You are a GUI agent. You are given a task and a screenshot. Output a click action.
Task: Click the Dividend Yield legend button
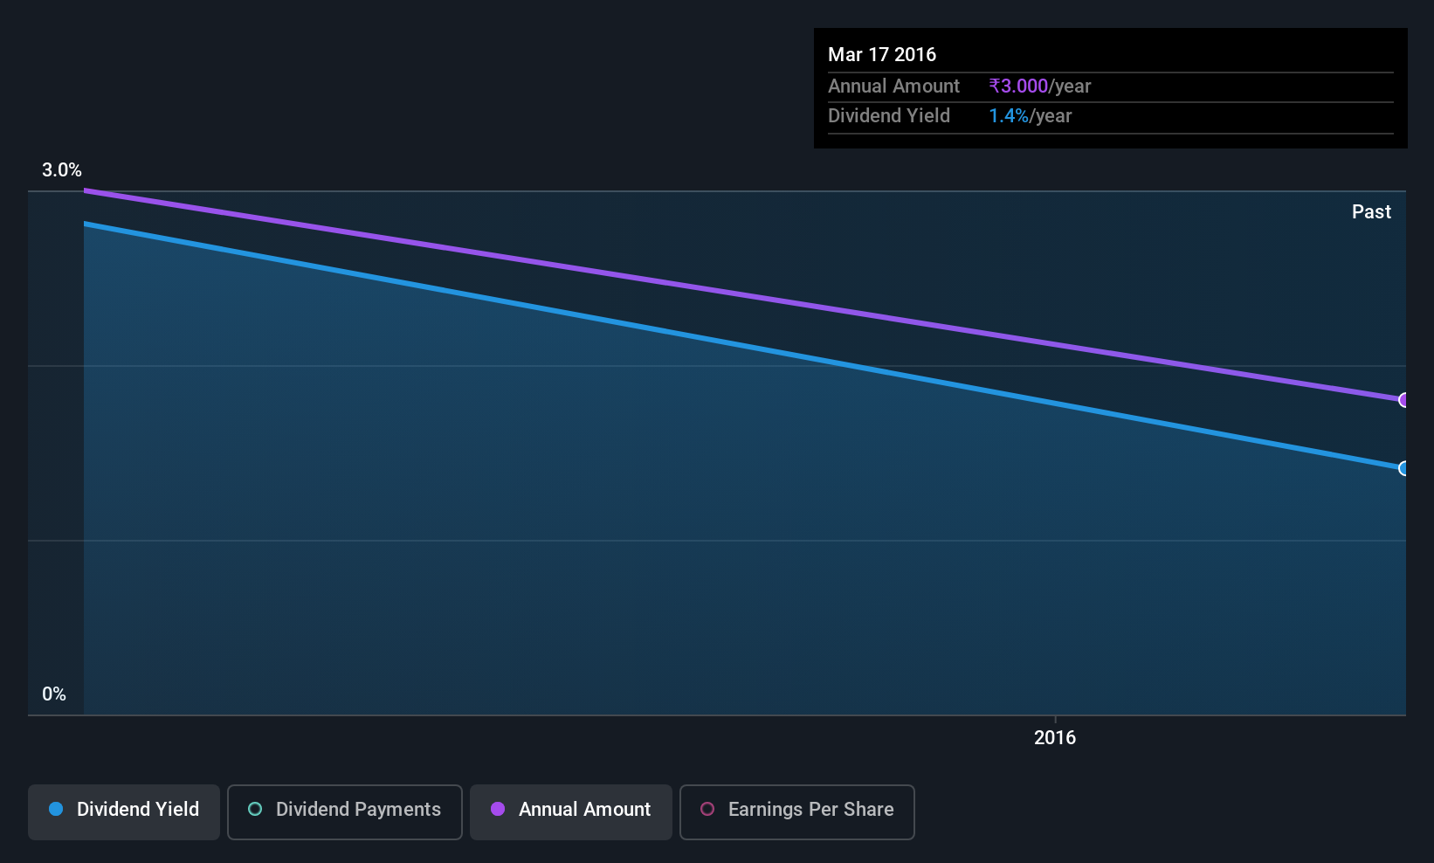(x=123, y=811)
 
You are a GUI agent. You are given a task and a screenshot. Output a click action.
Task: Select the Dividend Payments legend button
(x=344, y=811)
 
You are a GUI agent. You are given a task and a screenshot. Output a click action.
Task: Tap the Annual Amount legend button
(x=570, y=811)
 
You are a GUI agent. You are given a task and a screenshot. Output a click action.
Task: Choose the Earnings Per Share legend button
(x=797, y=811)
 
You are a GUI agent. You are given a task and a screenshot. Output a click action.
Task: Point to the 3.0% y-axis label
(x=62, y=170)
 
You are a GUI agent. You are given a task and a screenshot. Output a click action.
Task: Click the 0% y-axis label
(x=54, y=694)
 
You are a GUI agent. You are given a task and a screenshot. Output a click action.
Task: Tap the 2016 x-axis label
(x=1055, y=737)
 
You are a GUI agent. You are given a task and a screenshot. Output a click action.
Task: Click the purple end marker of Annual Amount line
(x=1402, y=400)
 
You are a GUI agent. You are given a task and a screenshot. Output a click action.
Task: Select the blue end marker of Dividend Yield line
(x=1402, y=469)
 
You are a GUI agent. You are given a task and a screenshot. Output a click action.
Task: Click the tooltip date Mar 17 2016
(x=881, y=54)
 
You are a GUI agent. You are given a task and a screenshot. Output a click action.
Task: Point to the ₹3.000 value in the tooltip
(x=1018, y=86)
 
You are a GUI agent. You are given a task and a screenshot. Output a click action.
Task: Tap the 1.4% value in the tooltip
(x=1009, y=116)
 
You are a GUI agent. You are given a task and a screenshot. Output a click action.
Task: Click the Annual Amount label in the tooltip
(x=893, y=86)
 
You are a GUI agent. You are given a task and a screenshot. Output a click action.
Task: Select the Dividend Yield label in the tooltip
(x=888, y=116)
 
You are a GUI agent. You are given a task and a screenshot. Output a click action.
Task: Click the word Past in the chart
(x=1371, y=212)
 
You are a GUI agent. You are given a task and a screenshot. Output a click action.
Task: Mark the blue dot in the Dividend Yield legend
(x=57, y=809)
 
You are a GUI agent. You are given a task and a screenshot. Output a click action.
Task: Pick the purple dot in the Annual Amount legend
(x=498, y=809)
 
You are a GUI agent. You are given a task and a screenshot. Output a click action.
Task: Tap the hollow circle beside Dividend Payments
(x=255, y=809)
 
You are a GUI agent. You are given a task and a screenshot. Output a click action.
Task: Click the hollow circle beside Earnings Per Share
(x=707, y=809)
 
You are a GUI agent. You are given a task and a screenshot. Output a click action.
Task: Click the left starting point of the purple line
(x=85, y=190)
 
